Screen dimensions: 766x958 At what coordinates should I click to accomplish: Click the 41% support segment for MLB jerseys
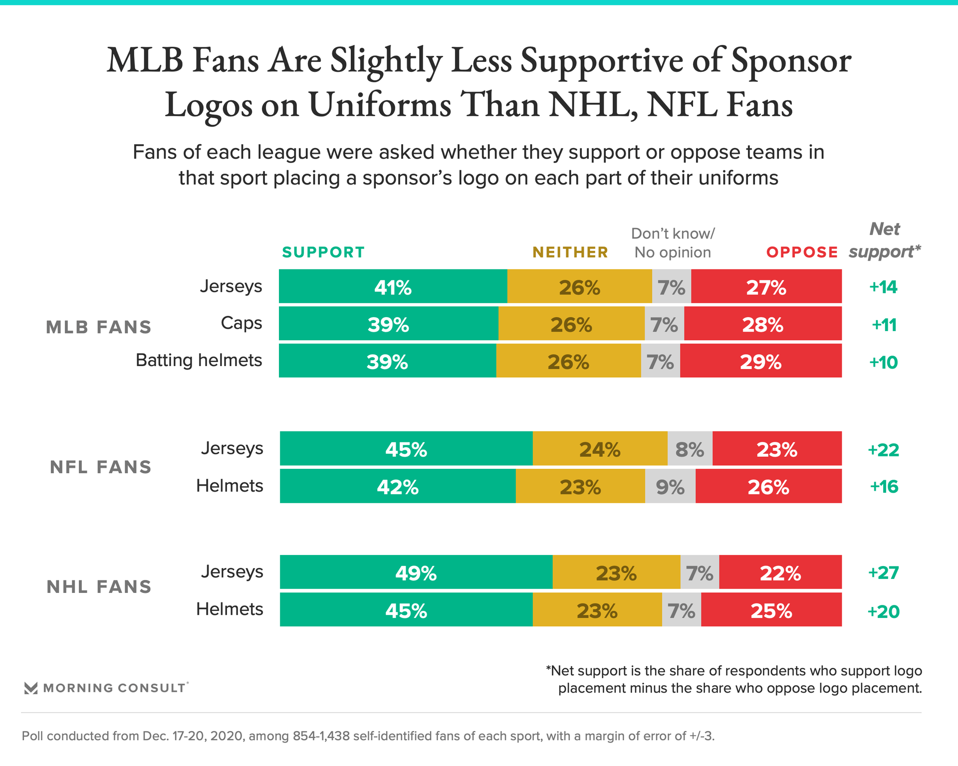click(x=393, y=287)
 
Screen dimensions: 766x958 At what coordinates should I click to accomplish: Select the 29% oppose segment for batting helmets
click(x=760, y=361)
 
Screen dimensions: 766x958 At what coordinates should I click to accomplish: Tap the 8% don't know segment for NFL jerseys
click(x=690, y=449)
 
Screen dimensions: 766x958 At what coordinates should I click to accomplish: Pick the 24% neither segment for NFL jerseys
click(x=600, y=449)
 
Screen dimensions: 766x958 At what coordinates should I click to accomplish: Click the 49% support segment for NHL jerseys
click(x=416, y=573)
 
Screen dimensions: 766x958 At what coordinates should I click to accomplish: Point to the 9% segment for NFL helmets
click(x=670, y=486)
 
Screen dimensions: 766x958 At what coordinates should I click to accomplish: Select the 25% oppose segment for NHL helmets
click(x=771, y=610)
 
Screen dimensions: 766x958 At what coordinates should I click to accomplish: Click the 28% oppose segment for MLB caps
click(x=762, y=324)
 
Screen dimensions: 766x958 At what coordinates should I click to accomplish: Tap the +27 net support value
click(x=883, y=573)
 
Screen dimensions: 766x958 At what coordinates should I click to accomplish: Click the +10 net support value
click(x=883, y=362)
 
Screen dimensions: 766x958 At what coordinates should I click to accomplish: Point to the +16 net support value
click(x=884, y=486)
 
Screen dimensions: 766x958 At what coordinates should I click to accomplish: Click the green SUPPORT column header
click(x=323, y=252)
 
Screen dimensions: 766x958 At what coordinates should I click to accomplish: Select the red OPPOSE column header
click(x=802, y=252)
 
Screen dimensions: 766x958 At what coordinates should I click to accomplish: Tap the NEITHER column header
click(x=570, y=252)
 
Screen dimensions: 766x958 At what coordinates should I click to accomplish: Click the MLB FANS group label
click(x=99, y=327)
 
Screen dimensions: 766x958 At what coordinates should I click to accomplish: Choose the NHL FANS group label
click(x=99, y=587)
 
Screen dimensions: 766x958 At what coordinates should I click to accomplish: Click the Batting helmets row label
click(x=199, y=360)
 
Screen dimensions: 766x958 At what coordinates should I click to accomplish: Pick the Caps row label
click(x=241, y=323)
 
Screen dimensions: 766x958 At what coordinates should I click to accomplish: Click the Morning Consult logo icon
click(x=31, y=688)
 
